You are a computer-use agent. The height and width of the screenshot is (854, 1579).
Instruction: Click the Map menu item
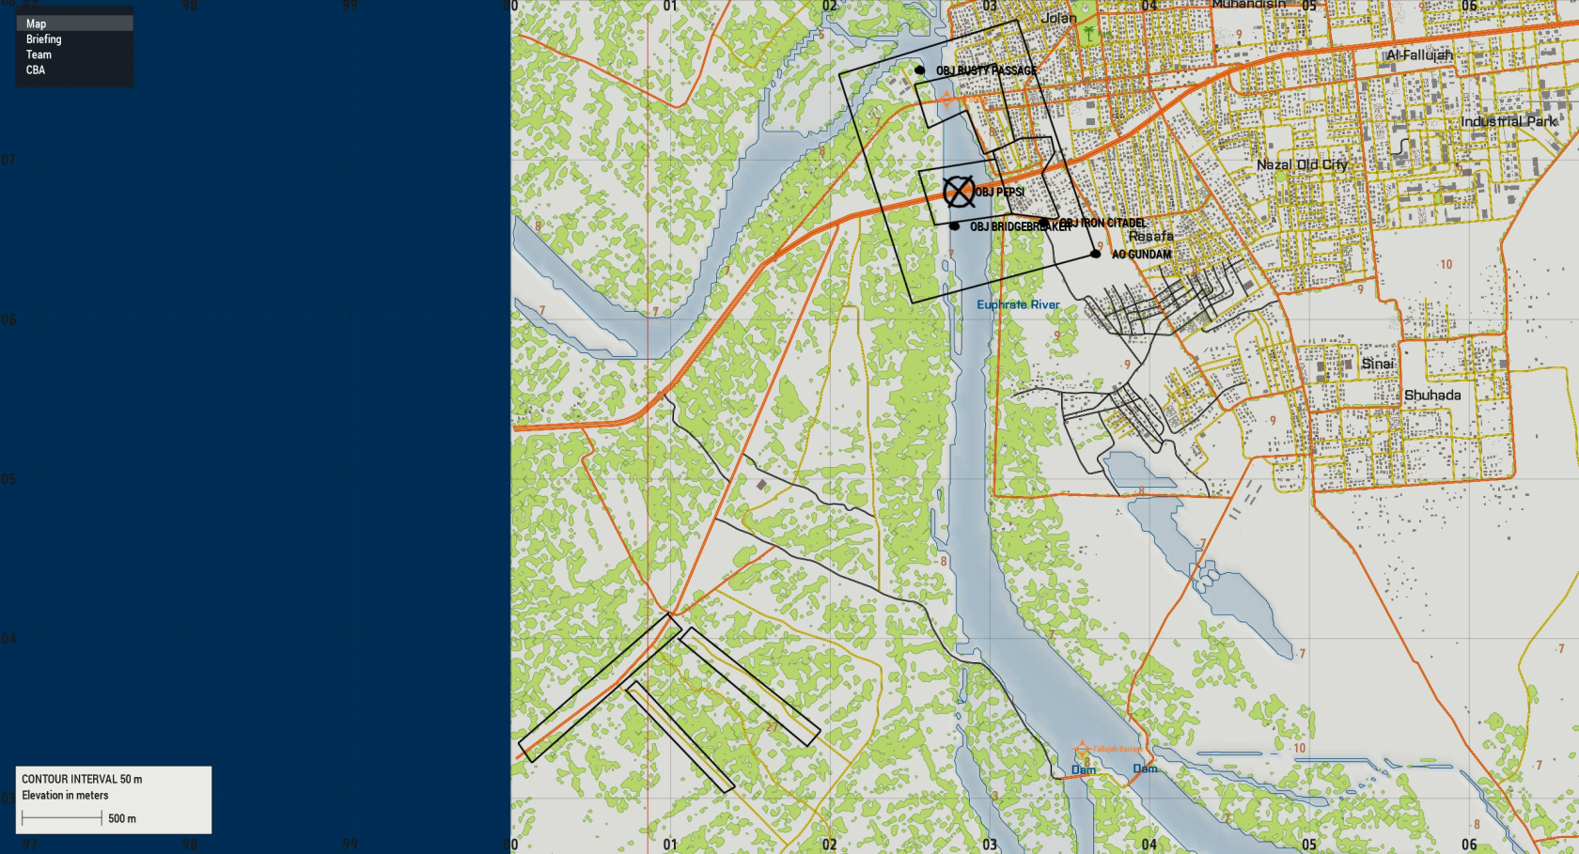(37, 23)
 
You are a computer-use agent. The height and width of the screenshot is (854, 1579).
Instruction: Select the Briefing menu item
(43, 39)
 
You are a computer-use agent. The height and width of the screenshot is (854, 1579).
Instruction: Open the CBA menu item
(36, 70)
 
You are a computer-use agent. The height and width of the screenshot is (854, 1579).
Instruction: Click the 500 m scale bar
(62, 818)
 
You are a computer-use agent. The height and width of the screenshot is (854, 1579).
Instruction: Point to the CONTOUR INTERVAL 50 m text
(82, 779)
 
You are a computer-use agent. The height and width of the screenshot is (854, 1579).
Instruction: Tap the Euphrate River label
(1018, 304)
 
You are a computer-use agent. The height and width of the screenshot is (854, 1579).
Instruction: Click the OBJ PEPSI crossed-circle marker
(959, 192)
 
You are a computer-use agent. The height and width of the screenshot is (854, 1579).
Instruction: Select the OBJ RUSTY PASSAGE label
(986, 70)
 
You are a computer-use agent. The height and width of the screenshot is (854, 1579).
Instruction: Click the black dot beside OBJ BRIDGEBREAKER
(954, 226)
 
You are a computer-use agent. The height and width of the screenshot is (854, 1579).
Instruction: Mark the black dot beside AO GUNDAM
(1095, 254)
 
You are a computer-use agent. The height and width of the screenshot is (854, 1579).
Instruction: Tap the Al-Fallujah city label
(1419, 55)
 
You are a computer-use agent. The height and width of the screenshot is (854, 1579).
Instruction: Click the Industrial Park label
(1509, 121)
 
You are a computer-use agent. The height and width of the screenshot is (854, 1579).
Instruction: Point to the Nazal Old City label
(1302, 164)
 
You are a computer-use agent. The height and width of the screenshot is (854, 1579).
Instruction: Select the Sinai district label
(1378, 364)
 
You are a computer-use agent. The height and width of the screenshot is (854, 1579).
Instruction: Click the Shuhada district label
(1432, 396)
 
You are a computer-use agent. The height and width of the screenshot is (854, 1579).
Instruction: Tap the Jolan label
(1059, 18)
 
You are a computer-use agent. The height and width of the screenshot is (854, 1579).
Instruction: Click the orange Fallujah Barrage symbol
(1082, 749)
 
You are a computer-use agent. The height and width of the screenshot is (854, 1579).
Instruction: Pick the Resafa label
(1150, 236)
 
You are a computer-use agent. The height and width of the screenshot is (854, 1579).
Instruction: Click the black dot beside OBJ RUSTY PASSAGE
(919, 70)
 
